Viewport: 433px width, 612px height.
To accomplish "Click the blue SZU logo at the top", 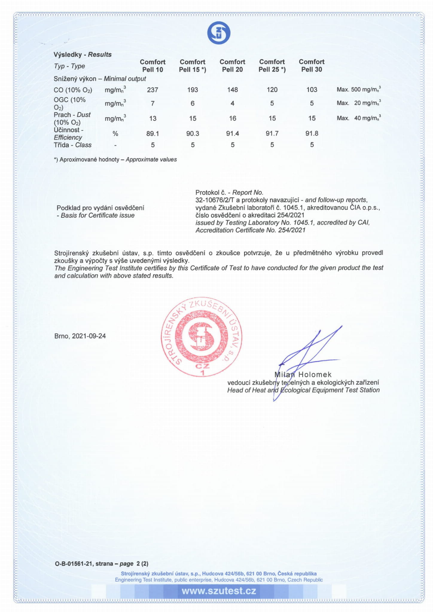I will (x=219, y=33).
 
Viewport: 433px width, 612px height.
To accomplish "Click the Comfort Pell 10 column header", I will (x=153, y=66).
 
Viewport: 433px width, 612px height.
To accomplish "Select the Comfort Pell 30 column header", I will (x=312, y=66).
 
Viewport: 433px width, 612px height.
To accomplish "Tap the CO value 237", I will (x=153, y=90).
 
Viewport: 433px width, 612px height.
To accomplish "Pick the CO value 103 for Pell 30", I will (x=312, y=90).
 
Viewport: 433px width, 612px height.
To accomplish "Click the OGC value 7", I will (x=153, y=103).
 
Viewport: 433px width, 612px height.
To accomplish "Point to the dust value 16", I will (x=232, y=118).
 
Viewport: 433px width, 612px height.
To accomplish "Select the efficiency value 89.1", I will (x=153, y=134).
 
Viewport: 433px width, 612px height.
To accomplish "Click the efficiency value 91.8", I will (x=312, y=134).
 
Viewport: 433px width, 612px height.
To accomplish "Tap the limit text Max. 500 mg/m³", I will (x=359, y=89).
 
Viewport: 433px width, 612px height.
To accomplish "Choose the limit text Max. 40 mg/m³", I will (x=359, y=118).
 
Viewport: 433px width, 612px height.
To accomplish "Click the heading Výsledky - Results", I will (x=83, y=54).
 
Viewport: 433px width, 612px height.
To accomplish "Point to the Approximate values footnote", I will (x=115, y=160).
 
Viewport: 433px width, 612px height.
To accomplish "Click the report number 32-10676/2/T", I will (x=215, y=200).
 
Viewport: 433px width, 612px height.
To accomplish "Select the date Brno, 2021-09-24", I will (x=80, y=336).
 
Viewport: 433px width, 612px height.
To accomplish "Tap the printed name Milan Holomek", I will (x=303, y=374).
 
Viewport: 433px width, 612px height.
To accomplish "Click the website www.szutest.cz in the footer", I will (x=219, y=591).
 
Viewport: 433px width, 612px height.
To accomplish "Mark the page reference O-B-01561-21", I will (x=74, y=564).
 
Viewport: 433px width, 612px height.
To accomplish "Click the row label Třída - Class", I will (x=73, y=145).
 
